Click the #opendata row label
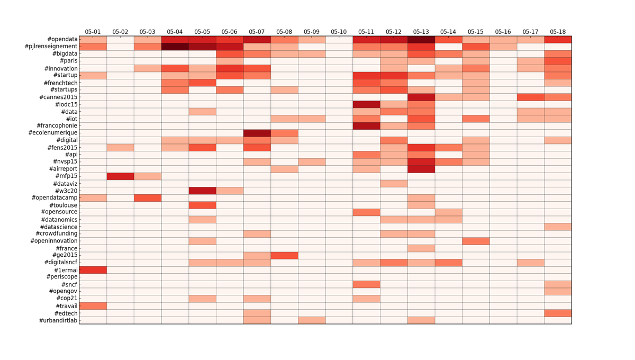point(62,40)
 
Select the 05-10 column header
point(339,32)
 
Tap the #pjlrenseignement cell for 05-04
point(175,47)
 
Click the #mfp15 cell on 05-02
point(120,176)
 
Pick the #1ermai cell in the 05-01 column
point(93,270)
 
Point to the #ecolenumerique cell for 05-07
point(257,133)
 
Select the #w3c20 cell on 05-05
point(202,191)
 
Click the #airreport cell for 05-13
point(421,169)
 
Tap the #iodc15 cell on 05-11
point(366,104)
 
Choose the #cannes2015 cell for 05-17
point(530,97)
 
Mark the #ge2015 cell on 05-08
point(284,256)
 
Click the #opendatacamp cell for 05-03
point(148,198)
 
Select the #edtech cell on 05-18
point(558,313)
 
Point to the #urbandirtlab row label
point(58,321)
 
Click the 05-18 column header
point(558,32)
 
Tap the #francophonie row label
point(57,126)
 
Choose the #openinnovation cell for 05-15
point(475,241)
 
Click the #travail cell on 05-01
point(93,306)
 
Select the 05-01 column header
point(93,32)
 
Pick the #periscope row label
point(62,277)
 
